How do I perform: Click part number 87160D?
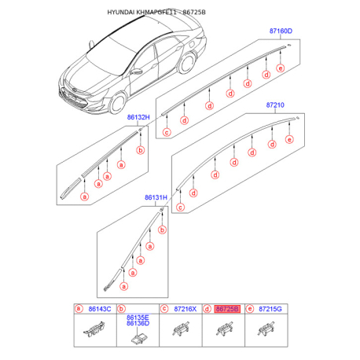tap(281, 31)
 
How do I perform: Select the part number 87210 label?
tap(275, 105)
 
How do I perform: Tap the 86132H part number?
tap(138, 117)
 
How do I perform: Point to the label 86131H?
tap(156, 197)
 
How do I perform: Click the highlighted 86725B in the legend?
tap(227, 309)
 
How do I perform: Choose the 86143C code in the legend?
tap(100, 309)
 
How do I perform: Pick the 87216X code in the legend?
tap(185, 309)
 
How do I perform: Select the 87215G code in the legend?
tap(270, 309)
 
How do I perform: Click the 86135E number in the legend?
tap(138, 318)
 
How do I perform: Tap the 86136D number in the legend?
tap(138, 323)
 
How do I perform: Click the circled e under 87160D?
tap(281, 68)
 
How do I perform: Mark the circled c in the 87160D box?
tap(167, 132)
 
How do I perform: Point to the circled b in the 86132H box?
tap(141, 150)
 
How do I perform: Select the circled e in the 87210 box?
tap(289, 139)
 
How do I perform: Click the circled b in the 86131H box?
tap(163, 230)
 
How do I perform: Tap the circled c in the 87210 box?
tap(180, 208)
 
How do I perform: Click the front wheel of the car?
tap(117, 103)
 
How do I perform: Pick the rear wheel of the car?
tap(187, 63)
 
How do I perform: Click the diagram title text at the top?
tap(156, 13)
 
